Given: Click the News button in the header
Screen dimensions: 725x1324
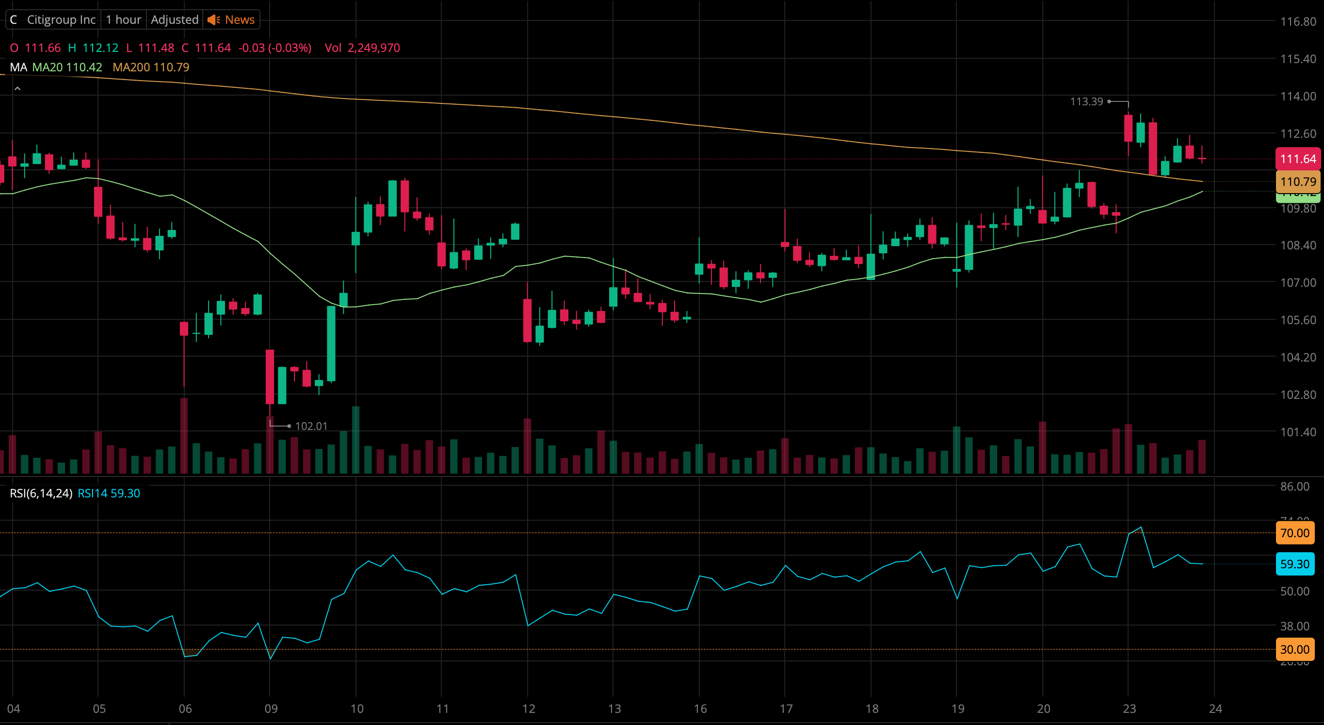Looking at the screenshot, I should click(232, 19).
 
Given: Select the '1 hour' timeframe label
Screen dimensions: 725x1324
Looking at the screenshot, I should click(123, 19).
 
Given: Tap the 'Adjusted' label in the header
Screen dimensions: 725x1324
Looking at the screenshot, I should click(174, 19).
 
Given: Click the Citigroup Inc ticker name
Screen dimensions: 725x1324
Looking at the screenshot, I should click(61, 19).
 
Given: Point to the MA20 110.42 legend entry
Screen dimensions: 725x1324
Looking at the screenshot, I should click(67, 67).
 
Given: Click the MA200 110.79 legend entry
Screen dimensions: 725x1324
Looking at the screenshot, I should click(151, 67).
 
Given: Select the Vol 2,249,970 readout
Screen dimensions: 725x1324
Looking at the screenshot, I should click(362, 48).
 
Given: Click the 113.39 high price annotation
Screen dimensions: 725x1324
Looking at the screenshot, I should click(1086, 101).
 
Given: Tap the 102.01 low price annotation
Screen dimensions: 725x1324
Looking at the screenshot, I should click(311, 426).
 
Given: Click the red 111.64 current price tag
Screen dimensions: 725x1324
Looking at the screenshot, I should click(1297, 159).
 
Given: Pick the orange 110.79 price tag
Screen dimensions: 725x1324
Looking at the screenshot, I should click(1297, 181).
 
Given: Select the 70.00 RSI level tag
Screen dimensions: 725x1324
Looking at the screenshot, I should click(1294, 533).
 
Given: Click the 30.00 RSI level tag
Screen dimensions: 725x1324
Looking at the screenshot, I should click(1294, 649).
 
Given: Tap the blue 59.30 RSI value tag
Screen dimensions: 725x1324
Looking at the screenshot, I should click(1294, 564).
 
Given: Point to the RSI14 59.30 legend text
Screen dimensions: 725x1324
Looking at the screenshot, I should click(109, 493).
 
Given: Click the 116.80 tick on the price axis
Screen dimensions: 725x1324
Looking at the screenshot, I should click(1297, 22).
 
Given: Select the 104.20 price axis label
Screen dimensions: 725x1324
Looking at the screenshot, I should click(1297, 357).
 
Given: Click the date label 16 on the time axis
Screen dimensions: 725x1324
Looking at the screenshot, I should click(700, 709).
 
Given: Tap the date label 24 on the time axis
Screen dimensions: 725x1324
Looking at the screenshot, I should click(1215, 709).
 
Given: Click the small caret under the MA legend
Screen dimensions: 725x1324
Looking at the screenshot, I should click(17, 89).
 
